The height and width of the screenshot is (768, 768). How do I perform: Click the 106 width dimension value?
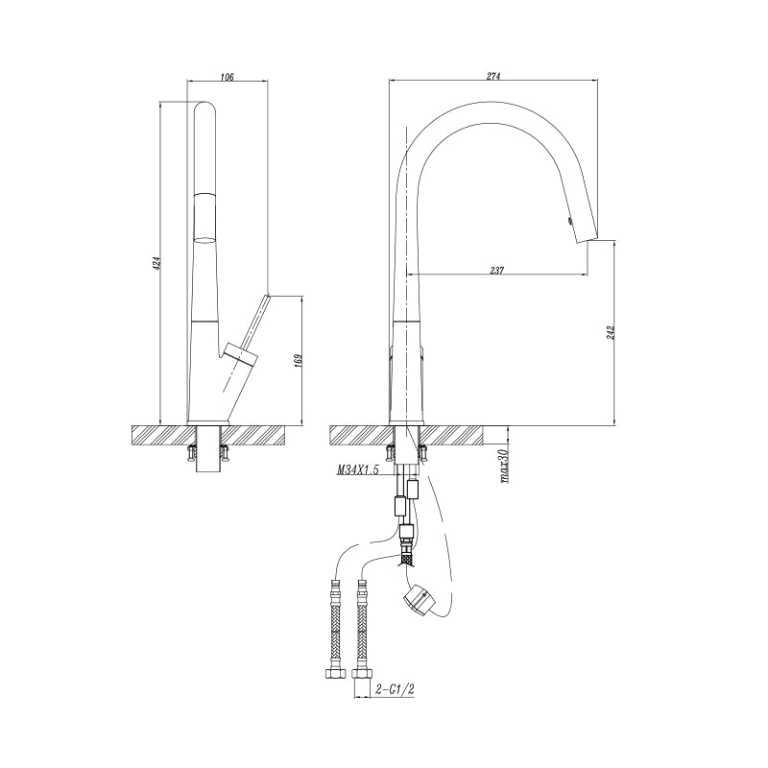click(x=228, y=77)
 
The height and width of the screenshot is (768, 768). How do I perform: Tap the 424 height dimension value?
click(x=156, y=263)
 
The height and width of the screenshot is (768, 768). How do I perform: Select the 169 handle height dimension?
click(x=299, y=360)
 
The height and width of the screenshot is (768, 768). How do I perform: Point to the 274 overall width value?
click(x=493, y=77)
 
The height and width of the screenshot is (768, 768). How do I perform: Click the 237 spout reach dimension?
click(x=496, y=270)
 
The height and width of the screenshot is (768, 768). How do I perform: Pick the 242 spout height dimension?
click(x=611, y=332)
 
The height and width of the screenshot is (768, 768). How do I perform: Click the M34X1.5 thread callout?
click(x=357, y=470)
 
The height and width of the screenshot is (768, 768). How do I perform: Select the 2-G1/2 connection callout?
click(x=396, y=689)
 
